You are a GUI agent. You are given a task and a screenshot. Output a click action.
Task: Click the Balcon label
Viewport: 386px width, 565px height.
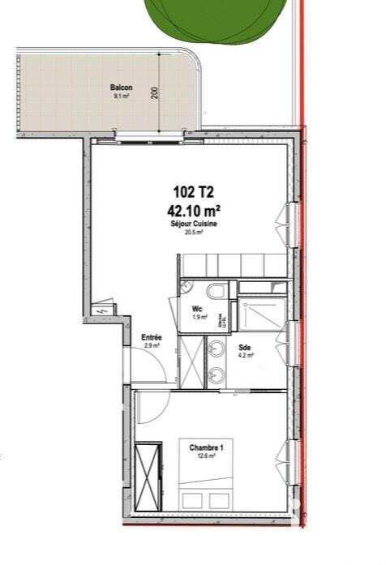point(122,88)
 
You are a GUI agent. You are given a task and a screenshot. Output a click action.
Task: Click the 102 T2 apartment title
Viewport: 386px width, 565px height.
point(194,192)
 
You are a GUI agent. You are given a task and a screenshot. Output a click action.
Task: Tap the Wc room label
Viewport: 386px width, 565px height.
point(197,309)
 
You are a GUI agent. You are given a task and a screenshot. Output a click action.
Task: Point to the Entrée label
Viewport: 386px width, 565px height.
point(152,337)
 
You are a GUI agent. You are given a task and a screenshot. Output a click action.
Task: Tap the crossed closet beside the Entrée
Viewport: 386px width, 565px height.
point(191,361)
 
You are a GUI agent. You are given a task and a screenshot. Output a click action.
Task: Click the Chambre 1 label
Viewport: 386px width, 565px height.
point(206,447)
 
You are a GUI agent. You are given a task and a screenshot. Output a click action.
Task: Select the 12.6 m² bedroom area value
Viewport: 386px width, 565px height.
point(206,456)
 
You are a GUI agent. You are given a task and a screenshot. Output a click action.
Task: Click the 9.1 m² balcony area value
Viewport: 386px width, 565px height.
point(122,96)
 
